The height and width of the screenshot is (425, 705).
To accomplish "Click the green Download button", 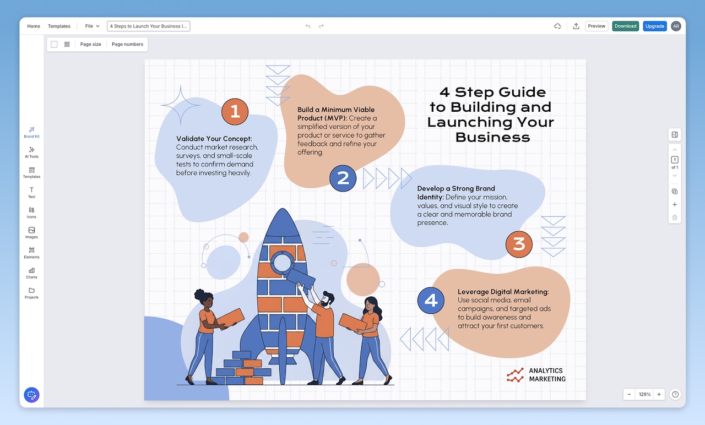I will pyautogui.click(x=626, y=26).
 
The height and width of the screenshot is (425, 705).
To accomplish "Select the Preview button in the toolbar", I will pyautogui.click(x=596, y=26).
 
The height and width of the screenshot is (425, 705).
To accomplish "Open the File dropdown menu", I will pyautogui.click(x=92, y=26).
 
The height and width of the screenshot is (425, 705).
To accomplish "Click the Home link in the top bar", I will pyautogui.click(x=34, y=26).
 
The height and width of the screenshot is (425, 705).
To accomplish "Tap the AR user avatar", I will pyautogui.click(x=676, y=26).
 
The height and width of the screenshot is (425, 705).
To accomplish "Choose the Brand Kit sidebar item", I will pyautogui.click(x=31, y=132).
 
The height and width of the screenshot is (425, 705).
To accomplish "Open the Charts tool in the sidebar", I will pyautogui.click(x=31, y=273).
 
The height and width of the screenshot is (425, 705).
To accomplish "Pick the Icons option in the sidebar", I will pyautogui.click(x=31, y=212).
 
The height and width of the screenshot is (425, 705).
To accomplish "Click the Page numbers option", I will pyautogui.click(x=127, y=44).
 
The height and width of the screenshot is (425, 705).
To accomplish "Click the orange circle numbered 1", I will pyautogui.click(x=235, y=112).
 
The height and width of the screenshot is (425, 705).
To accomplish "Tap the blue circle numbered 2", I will pyautogui.click(x=343, y=178).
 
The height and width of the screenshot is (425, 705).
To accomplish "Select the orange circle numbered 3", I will pyautogui.click(x=519, y=244).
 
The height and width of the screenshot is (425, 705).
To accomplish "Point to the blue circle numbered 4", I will pyautogui.click(x=431, y=301).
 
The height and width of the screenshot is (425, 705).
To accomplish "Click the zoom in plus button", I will pyautogui.click(x=659, y=394).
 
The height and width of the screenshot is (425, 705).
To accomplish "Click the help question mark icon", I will pyautogui.click(x=676, y=394).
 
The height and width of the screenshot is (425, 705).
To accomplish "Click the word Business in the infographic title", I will pyautogui.click(x=493, y=137).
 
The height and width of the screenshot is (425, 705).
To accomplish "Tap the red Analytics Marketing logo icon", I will pyautogui.click(x=516, y=375).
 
